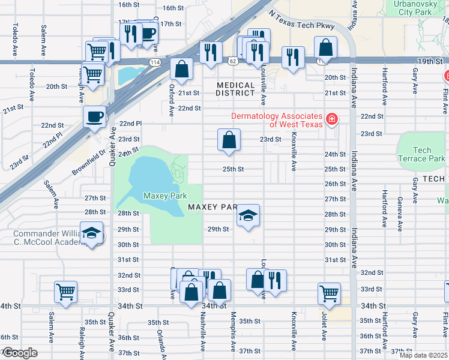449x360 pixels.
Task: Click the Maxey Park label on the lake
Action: point(165,196)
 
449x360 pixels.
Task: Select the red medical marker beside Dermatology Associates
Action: point(331,120)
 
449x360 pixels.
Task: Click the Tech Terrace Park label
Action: point(422,155)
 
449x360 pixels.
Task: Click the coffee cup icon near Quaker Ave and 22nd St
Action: point(94,116)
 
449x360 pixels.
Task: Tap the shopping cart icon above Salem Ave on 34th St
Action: point(65,292)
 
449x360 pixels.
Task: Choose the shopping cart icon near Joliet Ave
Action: point(329,293)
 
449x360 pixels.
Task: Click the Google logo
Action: point(20,353)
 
